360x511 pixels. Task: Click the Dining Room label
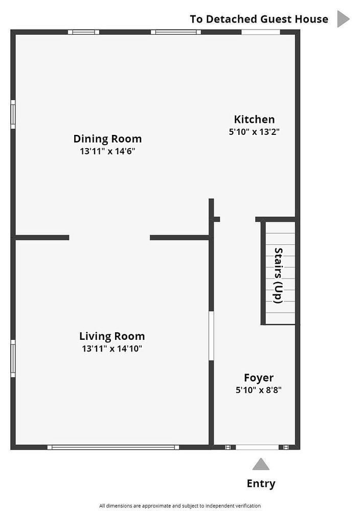coord(107,139)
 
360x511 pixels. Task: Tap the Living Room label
coord(112,336)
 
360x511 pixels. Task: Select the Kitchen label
coord(254,119)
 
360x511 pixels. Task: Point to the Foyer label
coord(259,378)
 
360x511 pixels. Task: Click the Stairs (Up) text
coord(279,276)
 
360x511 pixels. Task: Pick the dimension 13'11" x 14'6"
coord(107,151)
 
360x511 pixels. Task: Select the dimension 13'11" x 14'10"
coord(112,349)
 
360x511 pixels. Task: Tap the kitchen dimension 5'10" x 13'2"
coord(254,132)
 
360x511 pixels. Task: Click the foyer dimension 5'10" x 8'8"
coord(259,390)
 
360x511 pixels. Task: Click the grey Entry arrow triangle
coord(261,464)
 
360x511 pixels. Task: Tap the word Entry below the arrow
coord(261,483)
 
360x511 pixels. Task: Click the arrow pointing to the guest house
coord(343,19)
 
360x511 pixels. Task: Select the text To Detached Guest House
coord(259,19)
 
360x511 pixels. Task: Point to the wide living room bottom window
coord(113,447)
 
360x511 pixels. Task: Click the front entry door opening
coord(257,448)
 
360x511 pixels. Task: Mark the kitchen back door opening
coord(261,32)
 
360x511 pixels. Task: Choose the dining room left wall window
coord(13,114)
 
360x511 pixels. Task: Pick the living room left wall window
coord(13,359)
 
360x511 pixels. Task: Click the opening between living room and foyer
coord(211,336)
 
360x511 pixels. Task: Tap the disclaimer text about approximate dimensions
coord(180,506)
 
